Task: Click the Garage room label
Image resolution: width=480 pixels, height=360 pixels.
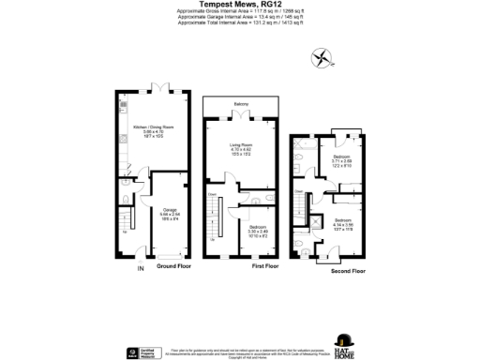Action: pos(171,213)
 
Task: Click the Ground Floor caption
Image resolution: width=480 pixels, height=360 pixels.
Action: pos(174,266)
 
